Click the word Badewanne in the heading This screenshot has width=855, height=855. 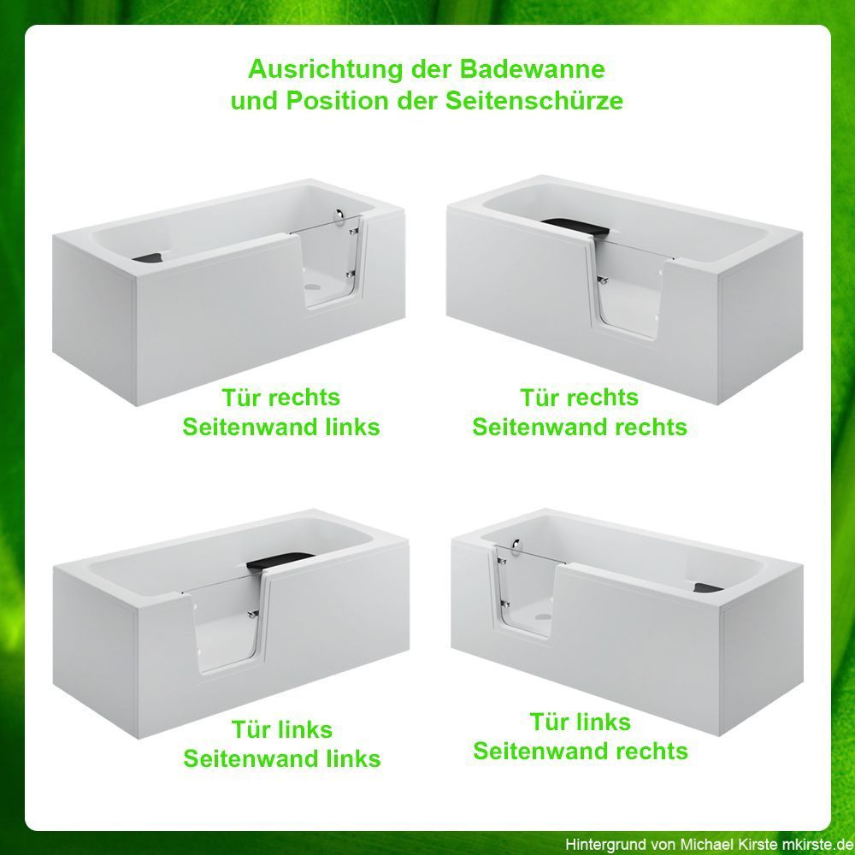pos(532,69)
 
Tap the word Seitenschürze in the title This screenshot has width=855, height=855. pos(534,101)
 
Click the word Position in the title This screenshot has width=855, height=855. pos(337,101)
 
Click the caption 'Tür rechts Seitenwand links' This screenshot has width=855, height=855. pos(280,412)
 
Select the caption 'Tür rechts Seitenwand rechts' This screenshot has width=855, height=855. pos(580,412)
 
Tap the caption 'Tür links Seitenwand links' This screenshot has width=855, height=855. pos(282,744)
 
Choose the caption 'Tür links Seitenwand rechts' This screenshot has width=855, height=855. pos(581,736)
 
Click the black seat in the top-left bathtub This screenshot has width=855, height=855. pos(148,256)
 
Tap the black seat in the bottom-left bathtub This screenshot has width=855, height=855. pos(279,562)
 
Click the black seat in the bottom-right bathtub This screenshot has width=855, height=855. pos(708,588)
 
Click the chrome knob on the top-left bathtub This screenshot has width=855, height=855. pos(340,216)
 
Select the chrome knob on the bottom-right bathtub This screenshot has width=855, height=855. pos(516,547)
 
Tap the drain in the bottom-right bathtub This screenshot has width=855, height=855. pos(543,616)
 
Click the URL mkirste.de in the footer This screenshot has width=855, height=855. pos(817,845)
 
